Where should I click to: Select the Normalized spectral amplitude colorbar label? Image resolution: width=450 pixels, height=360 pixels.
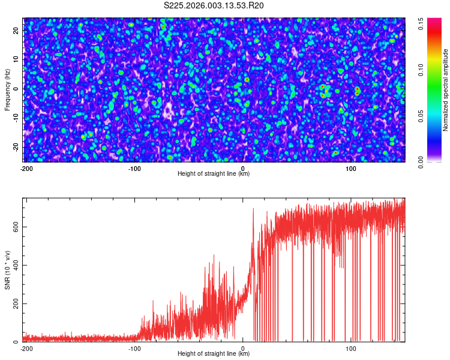point(446,90)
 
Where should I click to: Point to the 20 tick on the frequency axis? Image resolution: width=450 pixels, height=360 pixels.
point(16,29)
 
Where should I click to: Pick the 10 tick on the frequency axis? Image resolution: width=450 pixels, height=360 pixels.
point(16,59)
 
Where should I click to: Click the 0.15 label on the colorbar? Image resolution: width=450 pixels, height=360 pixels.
point(421,24)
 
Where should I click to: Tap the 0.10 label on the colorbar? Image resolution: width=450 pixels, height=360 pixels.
point(421,70)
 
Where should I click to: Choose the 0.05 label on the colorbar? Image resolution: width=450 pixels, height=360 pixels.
point(421,116)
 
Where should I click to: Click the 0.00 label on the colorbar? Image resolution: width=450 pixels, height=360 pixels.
point(421,162)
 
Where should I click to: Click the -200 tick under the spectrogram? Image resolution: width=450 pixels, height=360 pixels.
point(26,169)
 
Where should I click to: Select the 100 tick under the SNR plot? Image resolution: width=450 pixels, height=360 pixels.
point(352,348)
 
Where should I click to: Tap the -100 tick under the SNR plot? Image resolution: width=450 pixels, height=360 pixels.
point(134,348)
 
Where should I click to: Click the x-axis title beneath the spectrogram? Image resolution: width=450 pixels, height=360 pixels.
point(214,174)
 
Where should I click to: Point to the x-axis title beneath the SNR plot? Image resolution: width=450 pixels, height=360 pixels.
point(214,354)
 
